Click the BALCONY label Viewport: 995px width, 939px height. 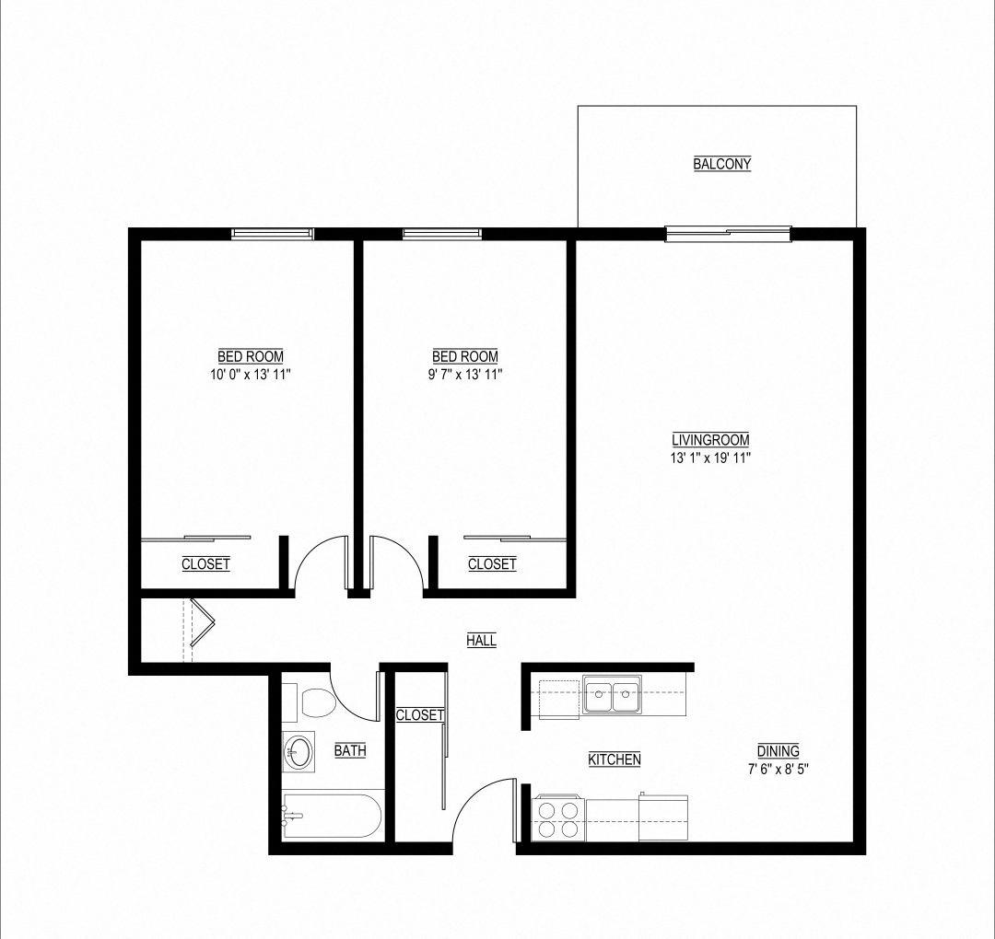click(x=722, y=164)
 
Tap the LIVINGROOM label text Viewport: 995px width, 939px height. click(x=710, y=440)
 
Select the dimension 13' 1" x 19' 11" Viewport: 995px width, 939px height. click(x=710, y=458)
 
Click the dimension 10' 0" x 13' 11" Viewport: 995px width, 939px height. click(x=251, y=375)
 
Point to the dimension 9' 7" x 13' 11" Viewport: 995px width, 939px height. click(x=465, y=375)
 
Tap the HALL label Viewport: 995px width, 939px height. click(x=481, y=641)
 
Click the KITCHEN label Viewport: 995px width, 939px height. click(x=615, y=759)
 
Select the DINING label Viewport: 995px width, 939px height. click(x=778, y=750)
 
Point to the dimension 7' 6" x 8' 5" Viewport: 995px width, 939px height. click(x=778, y=768)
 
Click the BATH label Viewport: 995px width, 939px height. click(x=350, y=750)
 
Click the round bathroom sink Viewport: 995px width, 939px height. click(x=298, y=751)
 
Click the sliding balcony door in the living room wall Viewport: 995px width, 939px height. click(x=728, y=234)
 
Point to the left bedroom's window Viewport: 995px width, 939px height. click(x=273, y=234)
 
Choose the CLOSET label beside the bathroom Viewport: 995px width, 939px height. click(x=419, y=715)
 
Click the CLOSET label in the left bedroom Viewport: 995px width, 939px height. click(x=205, y=564)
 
